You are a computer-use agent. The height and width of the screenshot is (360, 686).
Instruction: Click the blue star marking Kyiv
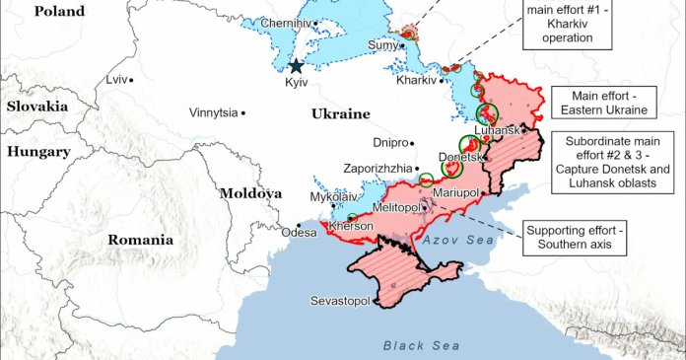[x=296, y=66]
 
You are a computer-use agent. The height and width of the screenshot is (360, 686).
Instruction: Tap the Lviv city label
[x=117, y=79]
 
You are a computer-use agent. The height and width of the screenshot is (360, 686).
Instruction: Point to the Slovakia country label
[x=36, y=106]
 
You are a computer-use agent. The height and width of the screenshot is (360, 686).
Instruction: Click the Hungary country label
[x=38, y=152]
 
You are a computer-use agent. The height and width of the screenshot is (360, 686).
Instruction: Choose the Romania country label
[x=141, y=239]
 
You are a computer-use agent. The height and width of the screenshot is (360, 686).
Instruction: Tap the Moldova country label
[x=250, y=193]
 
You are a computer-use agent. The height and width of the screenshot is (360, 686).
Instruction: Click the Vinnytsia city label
[x=213, y=112]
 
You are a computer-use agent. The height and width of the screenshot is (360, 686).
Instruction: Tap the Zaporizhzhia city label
[x=377, y=168]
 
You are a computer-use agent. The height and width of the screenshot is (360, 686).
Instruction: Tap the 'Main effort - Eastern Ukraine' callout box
[x=598, y=103]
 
